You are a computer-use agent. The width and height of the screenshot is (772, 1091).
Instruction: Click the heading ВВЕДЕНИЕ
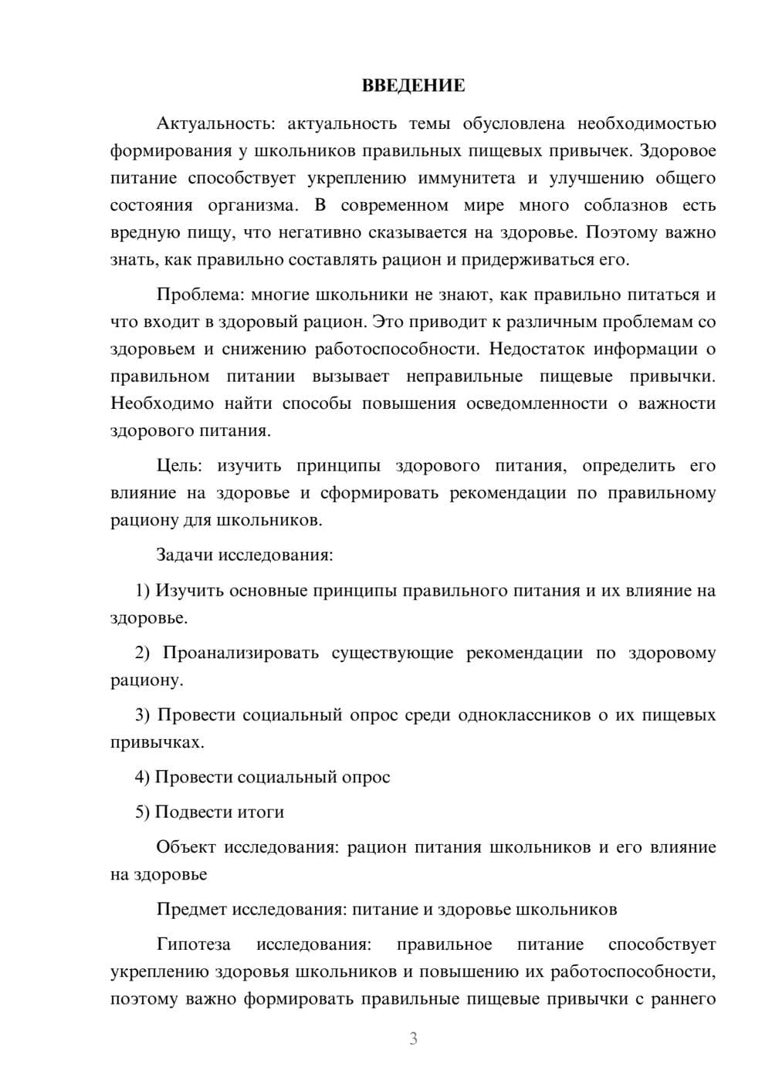click(413, 86)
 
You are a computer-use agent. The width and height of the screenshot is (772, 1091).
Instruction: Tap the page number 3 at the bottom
click(413, 1039)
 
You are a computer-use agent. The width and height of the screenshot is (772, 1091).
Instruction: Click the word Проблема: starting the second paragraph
click(190, 295)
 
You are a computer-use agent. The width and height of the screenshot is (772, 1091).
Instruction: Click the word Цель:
click(179, 466)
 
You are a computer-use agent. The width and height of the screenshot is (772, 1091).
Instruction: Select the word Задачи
click(185, 555)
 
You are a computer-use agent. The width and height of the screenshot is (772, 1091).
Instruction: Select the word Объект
click(186, 847)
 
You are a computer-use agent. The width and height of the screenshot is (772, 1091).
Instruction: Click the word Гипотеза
click(193, 945)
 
